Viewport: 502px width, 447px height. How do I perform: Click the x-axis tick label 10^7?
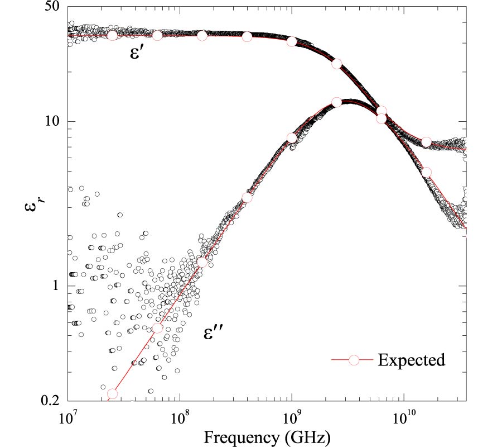67,419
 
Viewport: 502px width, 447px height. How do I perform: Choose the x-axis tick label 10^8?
179,419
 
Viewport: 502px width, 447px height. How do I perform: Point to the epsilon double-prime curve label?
214,334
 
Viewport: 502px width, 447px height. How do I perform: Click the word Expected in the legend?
412,360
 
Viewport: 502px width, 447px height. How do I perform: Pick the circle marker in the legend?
353,360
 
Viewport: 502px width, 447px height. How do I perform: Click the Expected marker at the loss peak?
336,102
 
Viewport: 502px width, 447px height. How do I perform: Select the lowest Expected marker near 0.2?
112,393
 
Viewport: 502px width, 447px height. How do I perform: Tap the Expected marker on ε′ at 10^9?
292,41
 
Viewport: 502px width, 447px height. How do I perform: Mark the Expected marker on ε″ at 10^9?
292,138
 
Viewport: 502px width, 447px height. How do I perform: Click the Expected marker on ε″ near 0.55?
157,329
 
